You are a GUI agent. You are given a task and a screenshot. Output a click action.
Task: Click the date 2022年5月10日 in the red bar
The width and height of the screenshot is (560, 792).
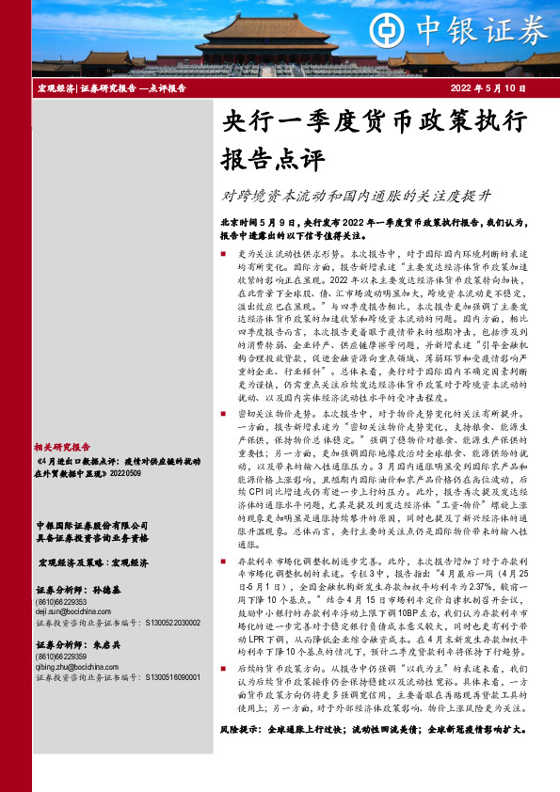coord(488,87)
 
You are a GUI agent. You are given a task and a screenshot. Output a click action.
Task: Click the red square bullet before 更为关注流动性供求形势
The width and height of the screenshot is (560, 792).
coord(222,255)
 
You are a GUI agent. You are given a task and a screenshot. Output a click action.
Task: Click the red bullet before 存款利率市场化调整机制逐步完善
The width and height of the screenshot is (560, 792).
coord(222,560)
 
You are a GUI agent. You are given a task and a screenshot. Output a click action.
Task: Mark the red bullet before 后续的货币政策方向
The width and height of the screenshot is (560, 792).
coord(222,669)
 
